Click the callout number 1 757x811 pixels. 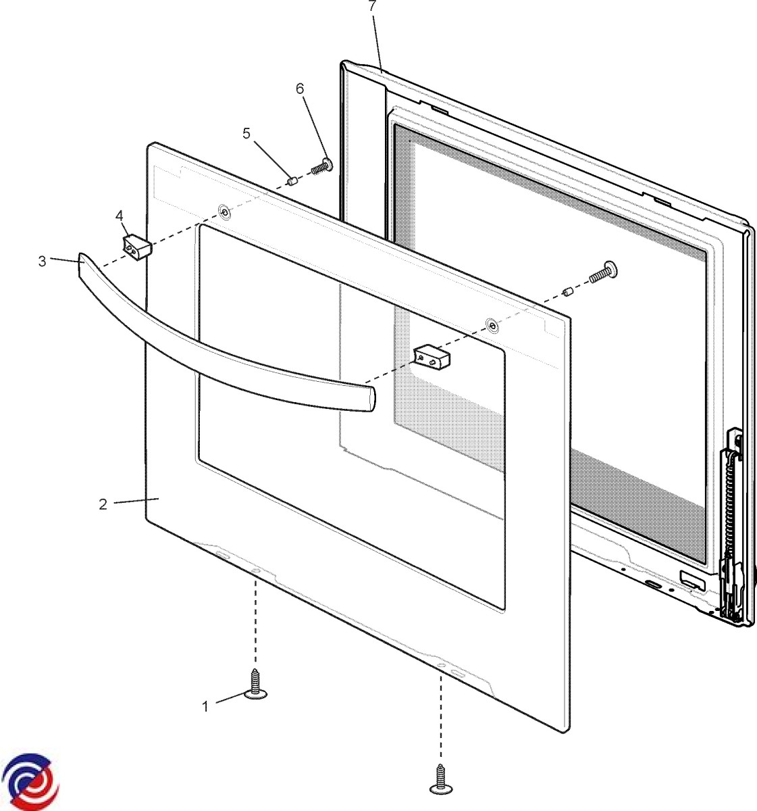[205, 706]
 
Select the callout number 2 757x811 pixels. [103, 504]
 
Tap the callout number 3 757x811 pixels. [42, 261]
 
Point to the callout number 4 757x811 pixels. [119, 216]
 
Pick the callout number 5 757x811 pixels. [246, 134]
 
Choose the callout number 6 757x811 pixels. [300, 89]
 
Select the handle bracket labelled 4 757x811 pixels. [137, 247]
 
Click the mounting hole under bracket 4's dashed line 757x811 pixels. [224, 212]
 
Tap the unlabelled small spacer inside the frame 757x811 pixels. [567, 292]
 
